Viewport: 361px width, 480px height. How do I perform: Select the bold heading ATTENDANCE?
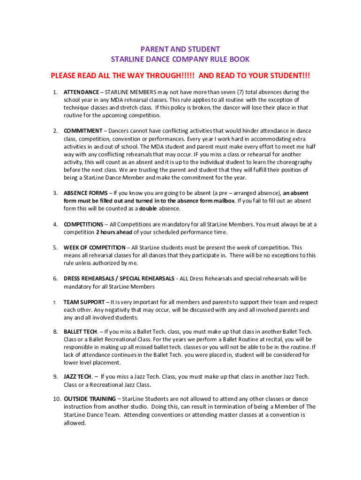point(81,92)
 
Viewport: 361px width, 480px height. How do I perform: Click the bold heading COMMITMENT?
point(83,131)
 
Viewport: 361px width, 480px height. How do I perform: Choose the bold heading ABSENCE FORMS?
point(85,193)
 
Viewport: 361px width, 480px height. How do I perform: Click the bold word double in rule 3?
point(148,209)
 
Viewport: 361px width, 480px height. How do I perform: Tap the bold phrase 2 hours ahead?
point(114,232)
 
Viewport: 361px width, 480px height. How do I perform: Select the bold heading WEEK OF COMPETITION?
point(94,247)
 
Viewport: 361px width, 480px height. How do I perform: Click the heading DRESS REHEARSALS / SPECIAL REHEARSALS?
point(119,278)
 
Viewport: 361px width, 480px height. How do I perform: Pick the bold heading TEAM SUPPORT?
point(84,302)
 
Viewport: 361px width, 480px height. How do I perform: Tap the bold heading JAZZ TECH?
point(78,376)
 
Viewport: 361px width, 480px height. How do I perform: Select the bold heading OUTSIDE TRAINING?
point(89,399)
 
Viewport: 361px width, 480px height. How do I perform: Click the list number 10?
point(56,399)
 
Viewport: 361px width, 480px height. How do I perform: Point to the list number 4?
point(55,224)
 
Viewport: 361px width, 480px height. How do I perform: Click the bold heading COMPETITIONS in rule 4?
point(83,224)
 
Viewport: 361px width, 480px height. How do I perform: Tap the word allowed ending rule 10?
point(75,423)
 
